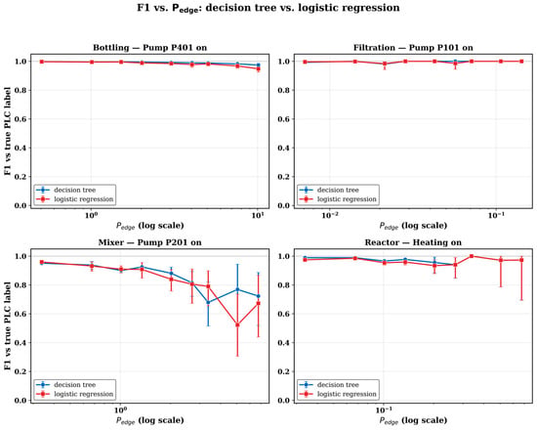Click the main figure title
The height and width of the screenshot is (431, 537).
click(x=268, y=8)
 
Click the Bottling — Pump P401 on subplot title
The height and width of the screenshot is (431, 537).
click(x=150, y=47)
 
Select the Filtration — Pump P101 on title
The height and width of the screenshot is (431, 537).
click(x=413, y=47)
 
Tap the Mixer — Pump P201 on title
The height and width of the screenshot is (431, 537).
click(x=150, y=242)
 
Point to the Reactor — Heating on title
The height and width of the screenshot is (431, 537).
click(x=413, y=242)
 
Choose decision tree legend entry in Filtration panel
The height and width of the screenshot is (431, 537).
click(x=338, y=190)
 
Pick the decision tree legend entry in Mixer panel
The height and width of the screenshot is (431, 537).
click(x=74, y=385)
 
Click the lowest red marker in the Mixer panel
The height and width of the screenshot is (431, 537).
click(x=237, y=324)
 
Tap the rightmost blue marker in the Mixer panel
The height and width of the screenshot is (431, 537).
click(x=258, y=296)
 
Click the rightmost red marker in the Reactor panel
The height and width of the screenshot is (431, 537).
click(x=521, y=260)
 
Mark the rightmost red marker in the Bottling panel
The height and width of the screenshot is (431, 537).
click(x=258, y=68)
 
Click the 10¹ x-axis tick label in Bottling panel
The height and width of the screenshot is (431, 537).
click(x=258, y=215)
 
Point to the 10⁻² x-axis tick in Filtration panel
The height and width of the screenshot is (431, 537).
click(x=329, y=215)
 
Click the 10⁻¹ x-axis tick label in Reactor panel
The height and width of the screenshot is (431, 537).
click(x=384, y=410)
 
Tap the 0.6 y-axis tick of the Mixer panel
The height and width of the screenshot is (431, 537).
click(x=21, y=314)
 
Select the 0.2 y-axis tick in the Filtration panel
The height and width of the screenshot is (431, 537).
click(x=284, y=177)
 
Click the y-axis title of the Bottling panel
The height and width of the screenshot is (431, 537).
click(x=8, y=131)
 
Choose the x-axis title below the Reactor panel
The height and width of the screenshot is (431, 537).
click(x=413, y=420)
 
